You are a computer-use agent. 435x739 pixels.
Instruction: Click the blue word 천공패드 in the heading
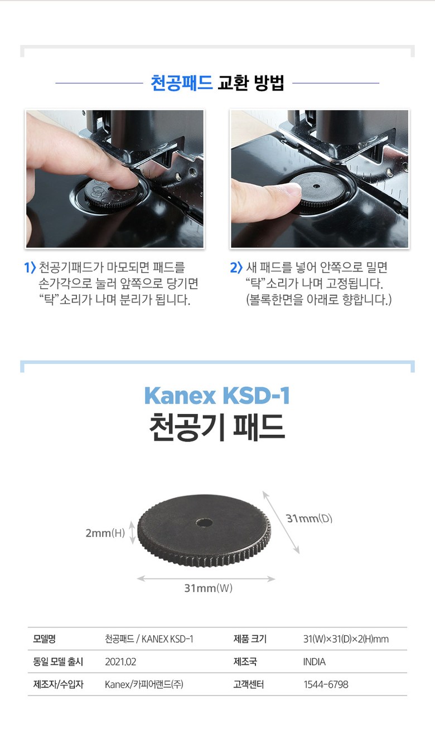(x=181, y=83)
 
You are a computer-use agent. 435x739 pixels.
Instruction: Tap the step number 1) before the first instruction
(x=30, y=268)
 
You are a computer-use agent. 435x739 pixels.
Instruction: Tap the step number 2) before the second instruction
(x=236, y=268)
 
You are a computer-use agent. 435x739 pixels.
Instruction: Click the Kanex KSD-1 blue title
(x=217, y=395)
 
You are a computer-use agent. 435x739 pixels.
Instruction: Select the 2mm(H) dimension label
(x=105, y=533)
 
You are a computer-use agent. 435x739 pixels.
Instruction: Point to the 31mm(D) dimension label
(x=309, y=518)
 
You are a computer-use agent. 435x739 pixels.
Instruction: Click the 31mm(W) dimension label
(x=208, y=588)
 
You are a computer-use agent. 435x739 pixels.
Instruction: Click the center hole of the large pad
(x=204, y=523)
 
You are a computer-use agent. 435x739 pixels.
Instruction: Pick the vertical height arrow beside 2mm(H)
(x=132, y=532)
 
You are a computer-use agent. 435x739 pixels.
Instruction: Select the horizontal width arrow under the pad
(x=206, y=578)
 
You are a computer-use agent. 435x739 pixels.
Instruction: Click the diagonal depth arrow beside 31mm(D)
(x=281, y=522)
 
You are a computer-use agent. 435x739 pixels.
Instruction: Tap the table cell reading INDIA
(x=314, y=662)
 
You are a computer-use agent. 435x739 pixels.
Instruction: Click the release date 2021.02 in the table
(x=120, y=662)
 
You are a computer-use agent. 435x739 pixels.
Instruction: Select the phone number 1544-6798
(x=326, y=684)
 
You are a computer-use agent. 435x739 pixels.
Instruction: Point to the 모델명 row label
(x=44, y=639)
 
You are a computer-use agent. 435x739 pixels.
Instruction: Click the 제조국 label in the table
(x=245, y=662)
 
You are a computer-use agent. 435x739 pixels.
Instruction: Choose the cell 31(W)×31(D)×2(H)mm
(x=346, y=639)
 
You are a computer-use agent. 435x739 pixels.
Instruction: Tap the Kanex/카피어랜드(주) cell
(x=144, y=684)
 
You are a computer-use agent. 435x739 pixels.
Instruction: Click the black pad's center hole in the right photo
(x=316, y=186)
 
